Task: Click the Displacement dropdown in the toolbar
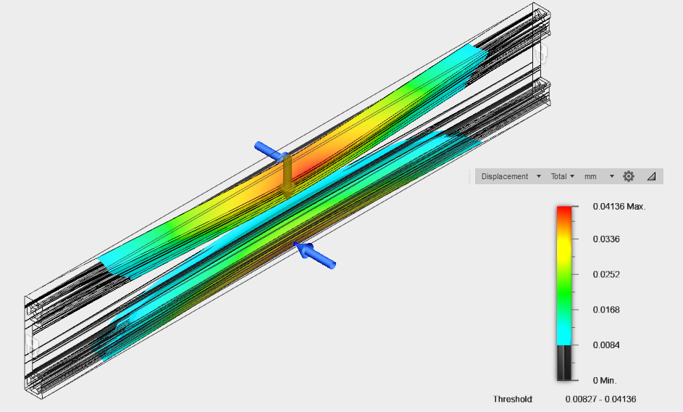pyautogui.click(x=511, y=176)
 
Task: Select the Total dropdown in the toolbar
pyautogui.click(x=562, y=176)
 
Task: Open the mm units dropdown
pyautogui.click(x=599, y=176)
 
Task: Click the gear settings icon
pyautogui.click(x=629, y=176)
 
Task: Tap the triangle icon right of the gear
pyautogui.click(x=652, y=176)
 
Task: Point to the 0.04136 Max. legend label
pyautogui.click(x=619, y=207)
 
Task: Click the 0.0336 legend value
pyautogui.click(x=606, y=239)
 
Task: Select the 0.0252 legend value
pyautogui.click(x=606, y=274)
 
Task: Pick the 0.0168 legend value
pyautogui.click(x=606, y=310)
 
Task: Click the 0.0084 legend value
pyautogui.click(x=606, y=345)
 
